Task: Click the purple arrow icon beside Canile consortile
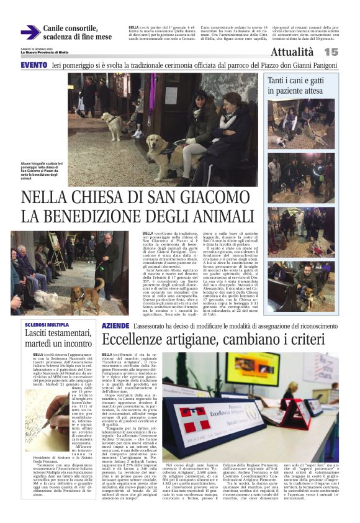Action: coord(30,32)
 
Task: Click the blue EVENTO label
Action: coord(34,65)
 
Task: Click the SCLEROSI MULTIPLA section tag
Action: coord(47,325)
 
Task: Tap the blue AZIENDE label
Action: coord(115,325)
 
